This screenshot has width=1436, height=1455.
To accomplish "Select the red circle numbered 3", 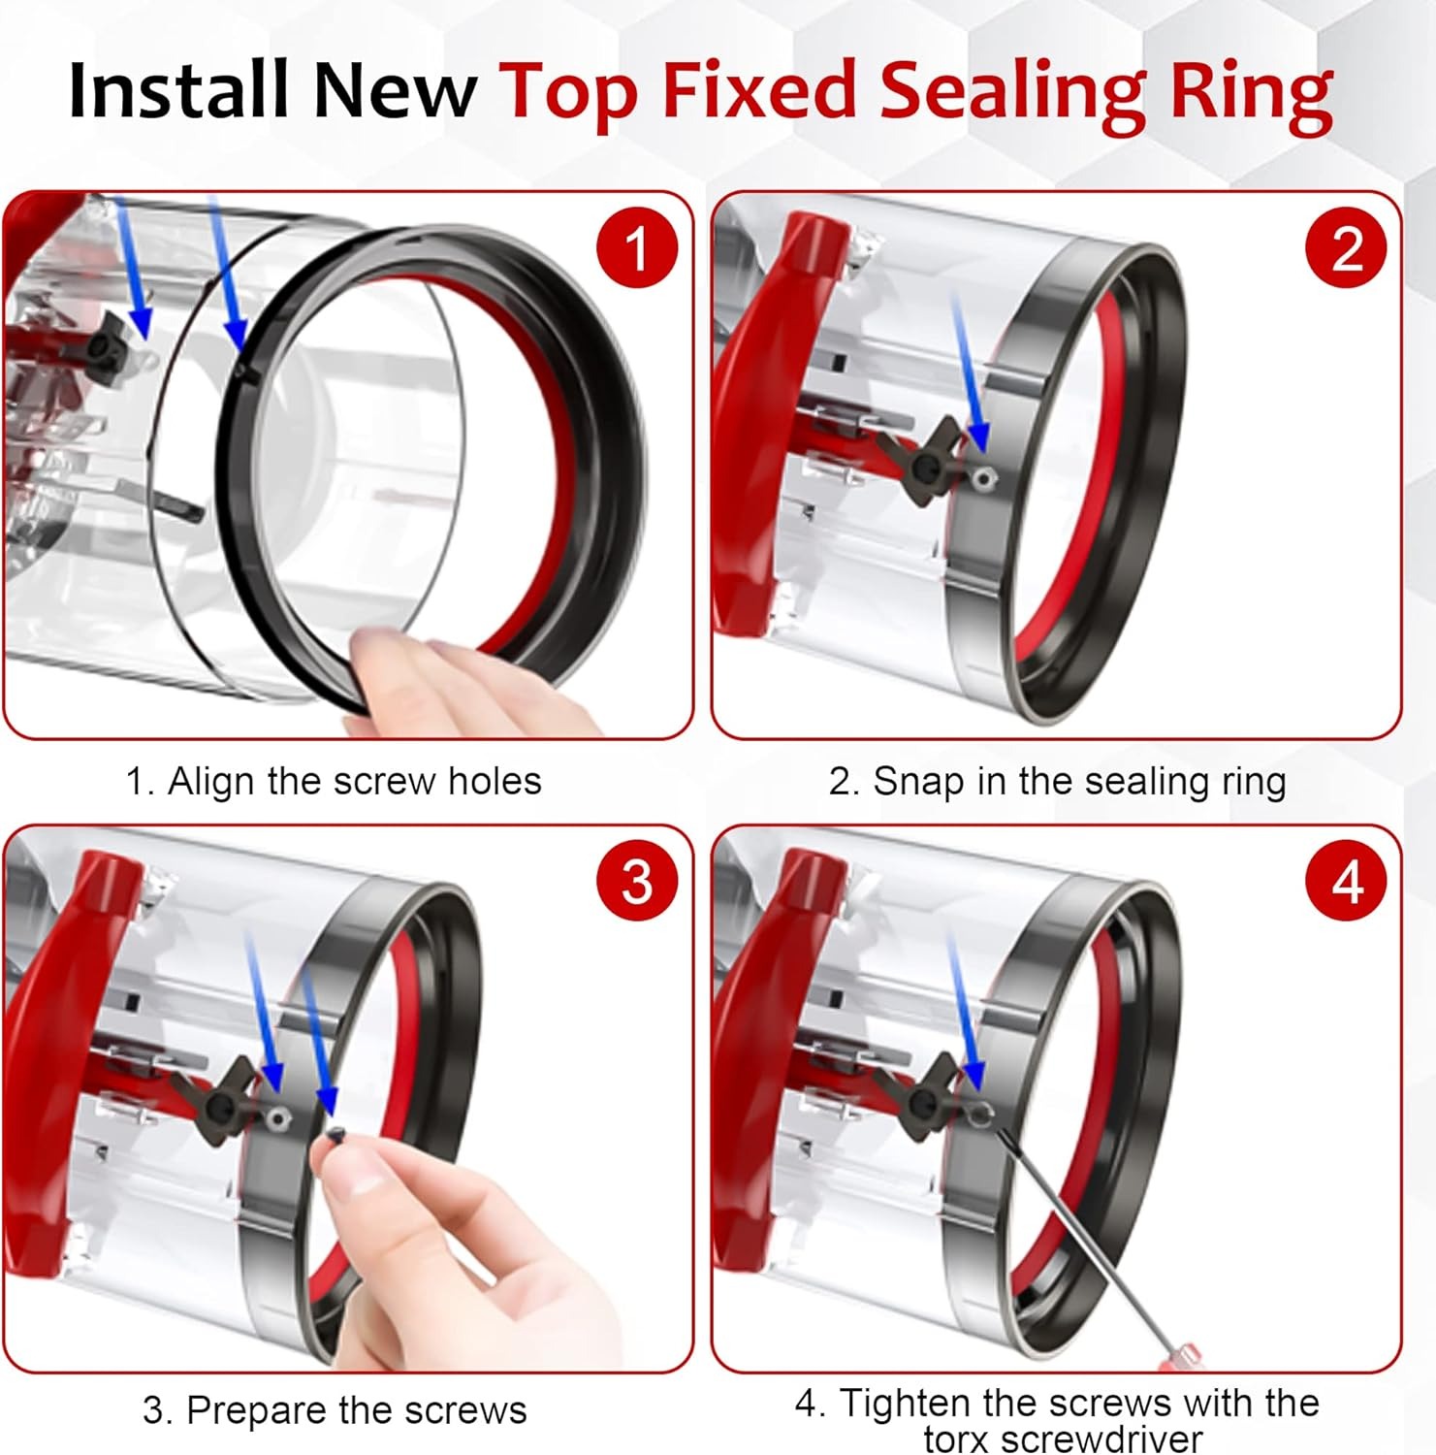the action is click(x=636, y=882).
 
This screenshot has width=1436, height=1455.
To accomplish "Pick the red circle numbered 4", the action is click(x=1347, y=882).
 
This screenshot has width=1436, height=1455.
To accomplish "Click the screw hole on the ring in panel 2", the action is click(x=985, y=475).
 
